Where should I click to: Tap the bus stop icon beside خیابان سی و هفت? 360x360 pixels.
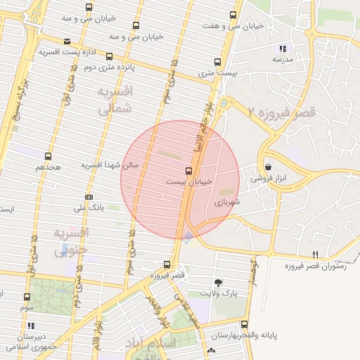(x=233, y=15)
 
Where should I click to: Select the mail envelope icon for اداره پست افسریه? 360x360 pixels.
(x=67, y=41)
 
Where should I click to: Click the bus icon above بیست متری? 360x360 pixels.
(x=217, y=61)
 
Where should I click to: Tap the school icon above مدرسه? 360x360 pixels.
(x=282, y=49)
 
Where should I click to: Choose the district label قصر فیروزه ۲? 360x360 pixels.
(x=281, y=112)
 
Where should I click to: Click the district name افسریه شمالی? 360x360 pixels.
(x=113, y=101)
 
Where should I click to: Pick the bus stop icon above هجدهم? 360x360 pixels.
(x=48, y=157)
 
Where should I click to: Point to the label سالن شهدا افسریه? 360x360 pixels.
(x=110, y=165)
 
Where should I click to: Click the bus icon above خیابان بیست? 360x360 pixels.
(x=188, y=171)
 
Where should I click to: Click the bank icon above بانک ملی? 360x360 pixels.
(x=89, y=197)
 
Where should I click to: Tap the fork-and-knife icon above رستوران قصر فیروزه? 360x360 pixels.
(x=315, y=255)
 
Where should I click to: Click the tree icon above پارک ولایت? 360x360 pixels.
(x=219, y=282)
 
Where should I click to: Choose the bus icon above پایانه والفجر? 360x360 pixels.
(x=244, y=325)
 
